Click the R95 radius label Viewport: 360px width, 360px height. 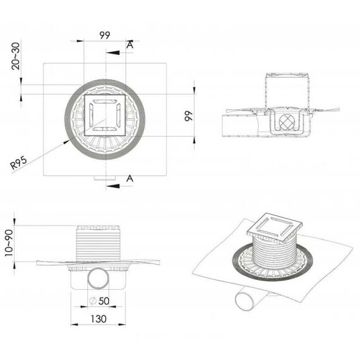click(x=18, y=162)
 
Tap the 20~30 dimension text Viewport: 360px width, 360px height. click(x=16, y=56)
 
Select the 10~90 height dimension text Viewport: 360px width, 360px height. click(x=9, y=243)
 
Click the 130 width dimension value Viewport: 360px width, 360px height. click(x=99, y=319)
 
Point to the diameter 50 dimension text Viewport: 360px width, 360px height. click(x=99, y=301)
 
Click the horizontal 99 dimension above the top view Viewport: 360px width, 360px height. click(x=105, y=35)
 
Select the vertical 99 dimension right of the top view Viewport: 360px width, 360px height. click(x=188, y=116)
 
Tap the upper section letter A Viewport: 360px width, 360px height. click(x=129, y=45)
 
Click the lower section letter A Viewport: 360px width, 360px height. click(x=129, y=178)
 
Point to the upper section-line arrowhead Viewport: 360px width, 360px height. click(x=112, y=53)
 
